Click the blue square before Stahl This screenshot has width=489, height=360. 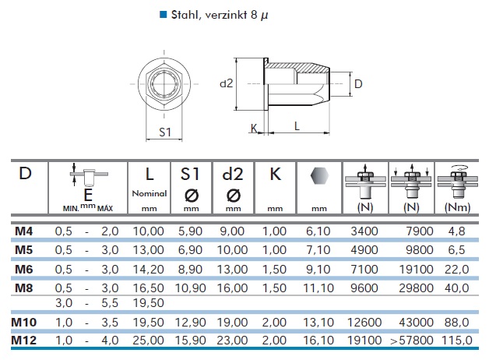(x=163, y=15)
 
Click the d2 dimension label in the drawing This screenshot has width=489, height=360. (x=227, y=83)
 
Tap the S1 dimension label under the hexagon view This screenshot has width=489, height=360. (x=165, y=132)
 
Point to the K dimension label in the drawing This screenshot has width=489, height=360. (x=254, y=129)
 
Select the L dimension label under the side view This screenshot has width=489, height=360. (x=297, y=126)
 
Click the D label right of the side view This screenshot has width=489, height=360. (x=358, y=84)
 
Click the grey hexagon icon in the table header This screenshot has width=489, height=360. (x=319, y=176)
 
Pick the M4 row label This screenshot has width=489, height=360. (x=23, y=231)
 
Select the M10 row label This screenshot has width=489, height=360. (x=24, y=322)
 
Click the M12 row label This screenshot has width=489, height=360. (x=24, y=340)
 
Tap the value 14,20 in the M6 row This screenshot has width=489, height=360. (x=149, y=269)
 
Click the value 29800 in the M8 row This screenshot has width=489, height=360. (x=416, y=288)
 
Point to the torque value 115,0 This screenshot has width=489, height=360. (x=457, y=340)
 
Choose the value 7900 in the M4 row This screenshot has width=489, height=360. (x=420, y=231)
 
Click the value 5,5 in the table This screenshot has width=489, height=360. (x=110, y=303)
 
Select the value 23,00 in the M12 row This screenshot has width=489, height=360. (x=232, y=340)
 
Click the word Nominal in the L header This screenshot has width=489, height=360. (x=150, y=193)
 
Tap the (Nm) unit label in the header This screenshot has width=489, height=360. (x=458, y=207)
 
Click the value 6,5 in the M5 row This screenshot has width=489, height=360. (x=456, y=250)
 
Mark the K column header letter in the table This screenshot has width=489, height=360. (x=276, y=174)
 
